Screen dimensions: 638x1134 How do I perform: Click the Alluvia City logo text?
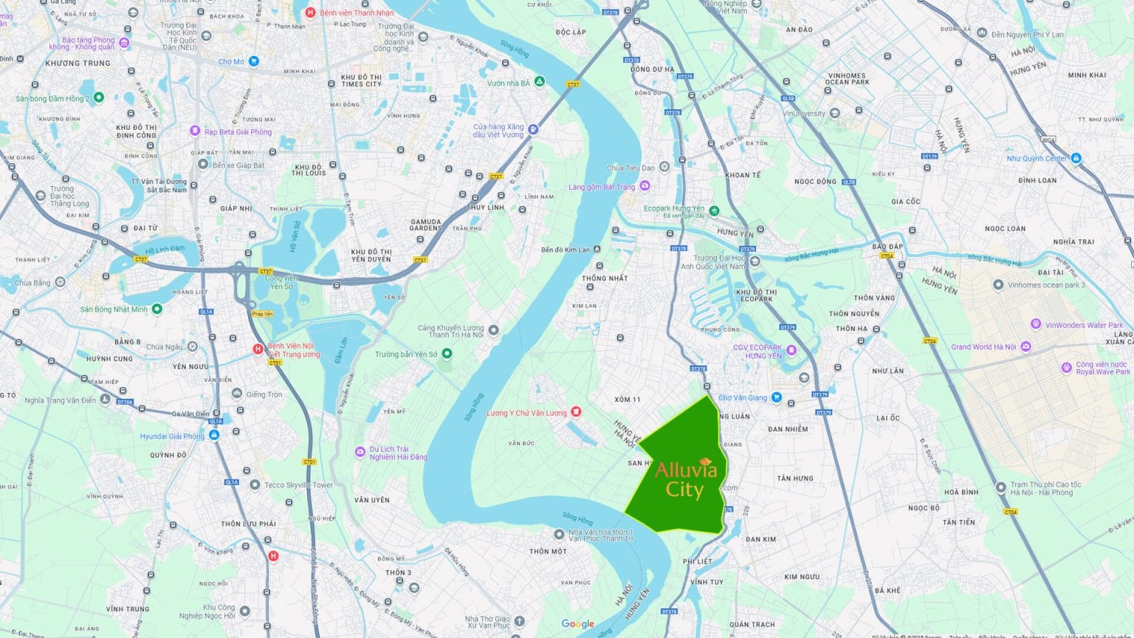tap(685, 479)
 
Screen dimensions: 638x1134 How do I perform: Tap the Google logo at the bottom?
tap(577, 624)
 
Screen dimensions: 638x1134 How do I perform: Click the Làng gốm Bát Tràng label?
tap(601, 187)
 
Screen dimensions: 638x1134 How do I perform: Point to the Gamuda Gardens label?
tap(425, 225)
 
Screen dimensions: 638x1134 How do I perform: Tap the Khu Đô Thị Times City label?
tap(361, 80)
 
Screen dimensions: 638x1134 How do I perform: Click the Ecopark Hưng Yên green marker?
tap(714, 210)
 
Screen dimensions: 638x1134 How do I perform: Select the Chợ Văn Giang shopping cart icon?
tap(776, 397)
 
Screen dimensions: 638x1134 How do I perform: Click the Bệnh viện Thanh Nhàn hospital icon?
tap(310, 13)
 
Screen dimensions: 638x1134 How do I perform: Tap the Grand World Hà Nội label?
tap(983, 346)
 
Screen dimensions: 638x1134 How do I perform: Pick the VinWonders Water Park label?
tap(1083, 325)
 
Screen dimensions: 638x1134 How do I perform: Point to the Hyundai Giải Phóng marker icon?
tap(214, 436)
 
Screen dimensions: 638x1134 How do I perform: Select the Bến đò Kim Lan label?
tap(565, 250)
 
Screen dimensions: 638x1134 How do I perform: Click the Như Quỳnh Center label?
tap(1037, 158)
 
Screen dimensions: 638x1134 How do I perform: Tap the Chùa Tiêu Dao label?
tap(630, 168)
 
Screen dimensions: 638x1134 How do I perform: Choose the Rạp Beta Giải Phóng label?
tap(238, 132)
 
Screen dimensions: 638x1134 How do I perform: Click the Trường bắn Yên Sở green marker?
tap(447, 354)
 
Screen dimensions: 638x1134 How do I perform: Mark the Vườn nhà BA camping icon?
tap(540, 82)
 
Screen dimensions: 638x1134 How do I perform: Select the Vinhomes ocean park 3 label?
tap(1046, 285)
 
